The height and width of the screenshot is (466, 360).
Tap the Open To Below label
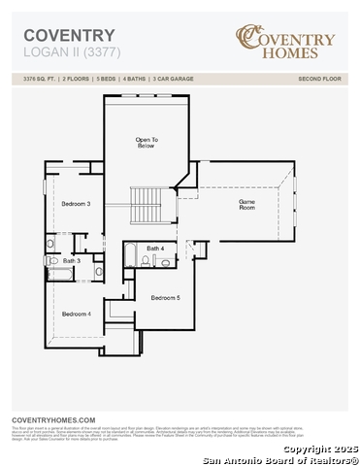click(x=147, y=143)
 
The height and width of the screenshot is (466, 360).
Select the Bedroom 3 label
click(x=76, y=204)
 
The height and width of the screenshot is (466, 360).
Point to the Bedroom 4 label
click(x=76, y=314)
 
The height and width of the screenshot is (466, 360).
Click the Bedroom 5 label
click(x=165, y=297)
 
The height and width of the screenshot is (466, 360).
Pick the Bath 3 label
click(x=71, y=260)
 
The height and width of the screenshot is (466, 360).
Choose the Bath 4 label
click(x=155, y=249)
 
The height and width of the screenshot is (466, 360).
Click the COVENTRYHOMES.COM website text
click(x=53, y=418)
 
